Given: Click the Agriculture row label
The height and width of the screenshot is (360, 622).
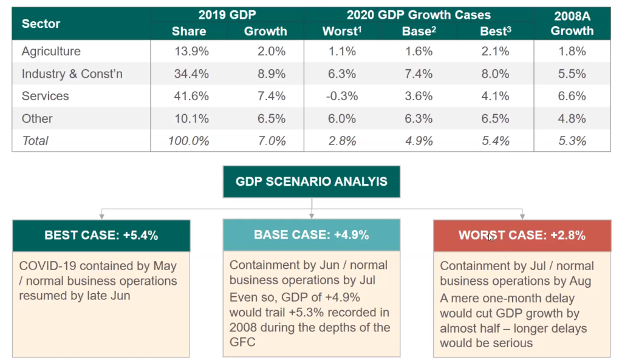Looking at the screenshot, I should coord(51,52).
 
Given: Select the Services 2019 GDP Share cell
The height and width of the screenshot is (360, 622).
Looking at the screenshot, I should coord(192,96).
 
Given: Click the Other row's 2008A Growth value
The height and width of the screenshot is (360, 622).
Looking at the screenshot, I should coord(572,118).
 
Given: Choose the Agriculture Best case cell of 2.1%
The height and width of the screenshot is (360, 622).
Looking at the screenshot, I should coord(494,52).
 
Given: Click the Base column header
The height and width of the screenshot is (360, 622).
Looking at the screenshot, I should coord(417,31).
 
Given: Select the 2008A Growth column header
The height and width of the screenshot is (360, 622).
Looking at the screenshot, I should coord(572,23).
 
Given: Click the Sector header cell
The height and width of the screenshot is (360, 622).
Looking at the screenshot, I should coord(41,24).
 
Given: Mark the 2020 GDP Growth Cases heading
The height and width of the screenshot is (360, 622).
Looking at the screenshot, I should coord(418,15).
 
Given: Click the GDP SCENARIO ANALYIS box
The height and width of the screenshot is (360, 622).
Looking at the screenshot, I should coord(311,182).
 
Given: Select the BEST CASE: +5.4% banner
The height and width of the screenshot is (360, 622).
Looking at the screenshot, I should coord(101,236).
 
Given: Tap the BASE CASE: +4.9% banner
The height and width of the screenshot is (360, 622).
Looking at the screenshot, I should coord(311,236).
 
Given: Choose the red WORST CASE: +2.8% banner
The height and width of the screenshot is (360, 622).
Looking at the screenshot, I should coord(522,236).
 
